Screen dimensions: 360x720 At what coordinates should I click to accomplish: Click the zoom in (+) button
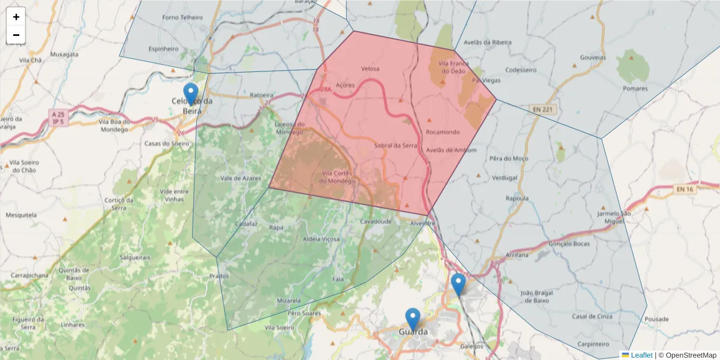(x=16, y=17)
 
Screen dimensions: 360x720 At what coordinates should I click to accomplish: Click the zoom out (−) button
(x=16, y=35)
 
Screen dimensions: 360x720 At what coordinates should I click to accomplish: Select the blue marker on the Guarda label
(x=413, y=319)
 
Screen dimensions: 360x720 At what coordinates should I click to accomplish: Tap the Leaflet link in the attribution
(x=641, y=355)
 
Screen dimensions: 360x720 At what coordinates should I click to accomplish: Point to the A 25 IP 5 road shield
(x=58, y=118)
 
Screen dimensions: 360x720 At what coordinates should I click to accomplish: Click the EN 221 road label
(x=544, y=109)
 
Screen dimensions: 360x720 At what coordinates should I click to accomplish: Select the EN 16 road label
(x=685, y=190)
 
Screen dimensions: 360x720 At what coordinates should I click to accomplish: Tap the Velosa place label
(x=370, y=68)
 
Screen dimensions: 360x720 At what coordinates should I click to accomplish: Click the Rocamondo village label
(x=442, y=132)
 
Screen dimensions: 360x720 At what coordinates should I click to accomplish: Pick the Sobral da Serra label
(x=395, y=145)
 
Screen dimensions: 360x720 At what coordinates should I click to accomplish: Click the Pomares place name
(x=635, y=89)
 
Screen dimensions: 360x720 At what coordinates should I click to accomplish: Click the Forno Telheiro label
(x=183, y=17)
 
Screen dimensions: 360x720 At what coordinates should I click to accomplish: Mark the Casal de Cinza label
(x=592, y=316)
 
